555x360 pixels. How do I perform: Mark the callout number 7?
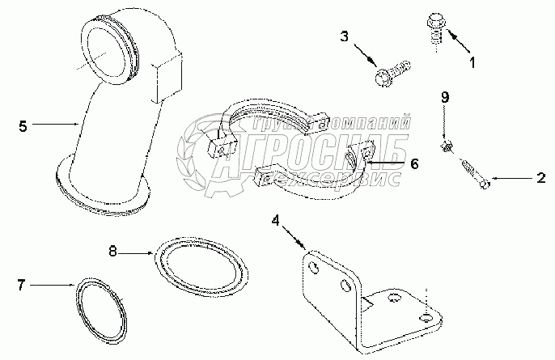click(x=22, y=284)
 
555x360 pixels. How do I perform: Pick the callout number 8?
click(x=114, y=252)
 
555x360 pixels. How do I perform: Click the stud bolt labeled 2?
click(x=474, y=175)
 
